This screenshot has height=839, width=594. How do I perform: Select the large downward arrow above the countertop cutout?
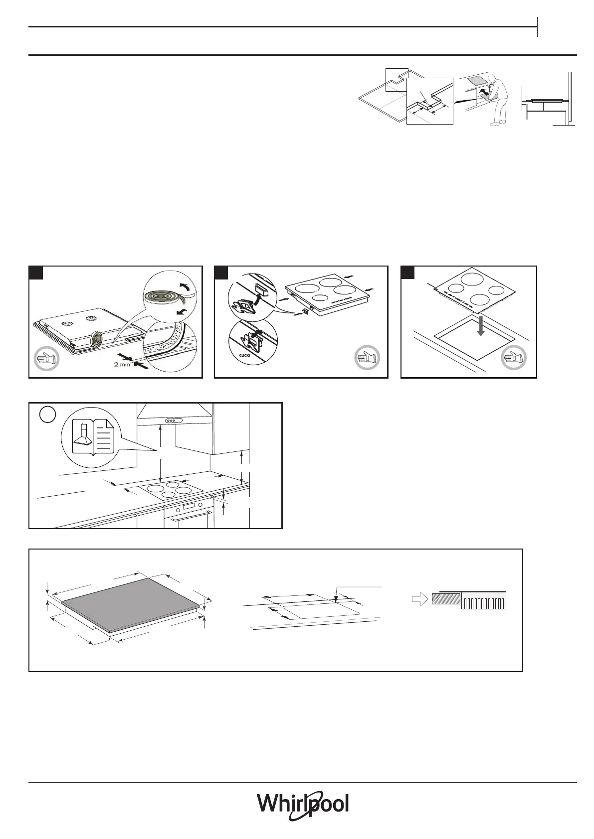[480, 325]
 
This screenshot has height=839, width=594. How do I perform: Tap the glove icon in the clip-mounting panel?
[367, 358]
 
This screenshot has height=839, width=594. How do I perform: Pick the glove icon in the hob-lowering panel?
[514, 358]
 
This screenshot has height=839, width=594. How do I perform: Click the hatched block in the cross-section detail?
[446, 599]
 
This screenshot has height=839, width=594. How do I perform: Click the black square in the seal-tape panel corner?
[35, 273]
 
